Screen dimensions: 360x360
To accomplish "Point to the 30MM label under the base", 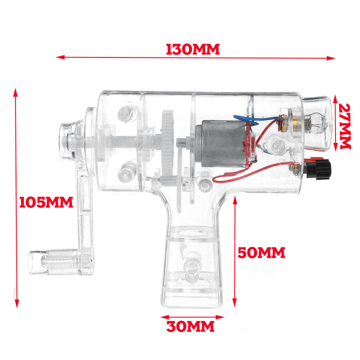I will tap(190, 327).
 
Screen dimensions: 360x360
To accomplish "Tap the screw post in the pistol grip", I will tap(191, 270).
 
